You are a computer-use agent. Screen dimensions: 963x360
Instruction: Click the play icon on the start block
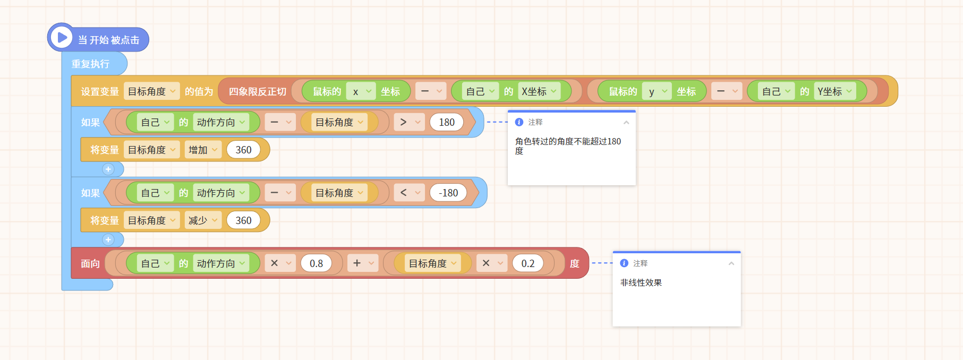coord(62,38)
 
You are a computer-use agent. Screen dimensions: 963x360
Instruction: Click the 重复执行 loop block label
coord(90,64)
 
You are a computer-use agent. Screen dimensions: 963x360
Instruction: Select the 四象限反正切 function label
coord(258,91)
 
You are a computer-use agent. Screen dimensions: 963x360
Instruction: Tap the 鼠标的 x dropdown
coord(361,91)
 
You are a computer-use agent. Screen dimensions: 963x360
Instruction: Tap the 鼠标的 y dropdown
coord(657,91)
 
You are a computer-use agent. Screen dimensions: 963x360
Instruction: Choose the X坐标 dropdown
coord(539,91)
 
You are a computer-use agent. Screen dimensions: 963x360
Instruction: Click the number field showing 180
coord(447,122)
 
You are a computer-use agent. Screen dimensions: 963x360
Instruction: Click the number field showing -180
coord(448,193)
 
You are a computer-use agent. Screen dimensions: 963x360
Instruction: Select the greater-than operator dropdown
coord(409,122)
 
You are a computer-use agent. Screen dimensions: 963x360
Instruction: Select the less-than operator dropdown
coord(409,193)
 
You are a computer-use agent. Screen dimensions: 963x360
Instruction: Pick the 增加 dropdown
coord(203,150)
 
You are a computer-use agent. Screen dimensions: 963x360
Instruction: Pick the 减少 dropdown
coord(203,220)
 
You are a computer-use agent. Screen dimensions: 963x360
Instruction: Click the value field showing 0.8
coord(316,263)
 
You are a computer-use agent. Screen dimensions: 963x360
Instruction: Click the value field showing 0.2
coord(527,263)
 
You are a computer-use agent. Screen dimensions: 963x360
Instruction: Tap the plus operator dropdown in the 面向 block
coord(363,263)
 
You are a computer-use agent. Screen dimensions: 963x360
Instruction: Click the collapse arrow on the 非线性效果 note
coord(731,263)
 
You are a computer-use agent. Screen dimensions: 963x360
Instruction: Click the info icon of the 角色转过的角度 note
coord(519,122)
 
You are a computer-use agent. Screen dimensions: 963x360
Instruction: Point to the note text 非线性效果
coord(641,282)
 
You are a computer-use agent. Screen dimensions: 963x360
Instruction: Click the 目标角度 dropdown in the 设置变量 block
coord(151,91)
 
